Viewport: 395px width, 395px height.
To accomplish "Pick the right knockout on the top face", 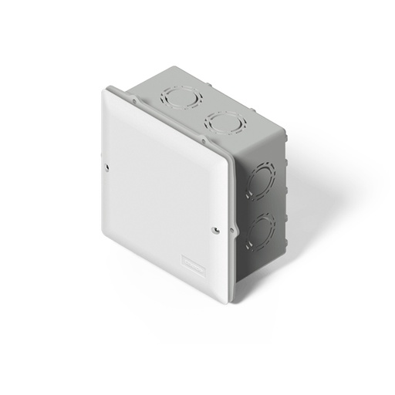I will click(225, 123).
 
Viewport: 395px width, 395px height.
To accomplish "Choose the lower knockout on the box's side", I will click(262, 228).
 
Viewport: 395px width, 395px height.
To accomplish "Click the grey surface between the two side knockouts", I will click(262, 205).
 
